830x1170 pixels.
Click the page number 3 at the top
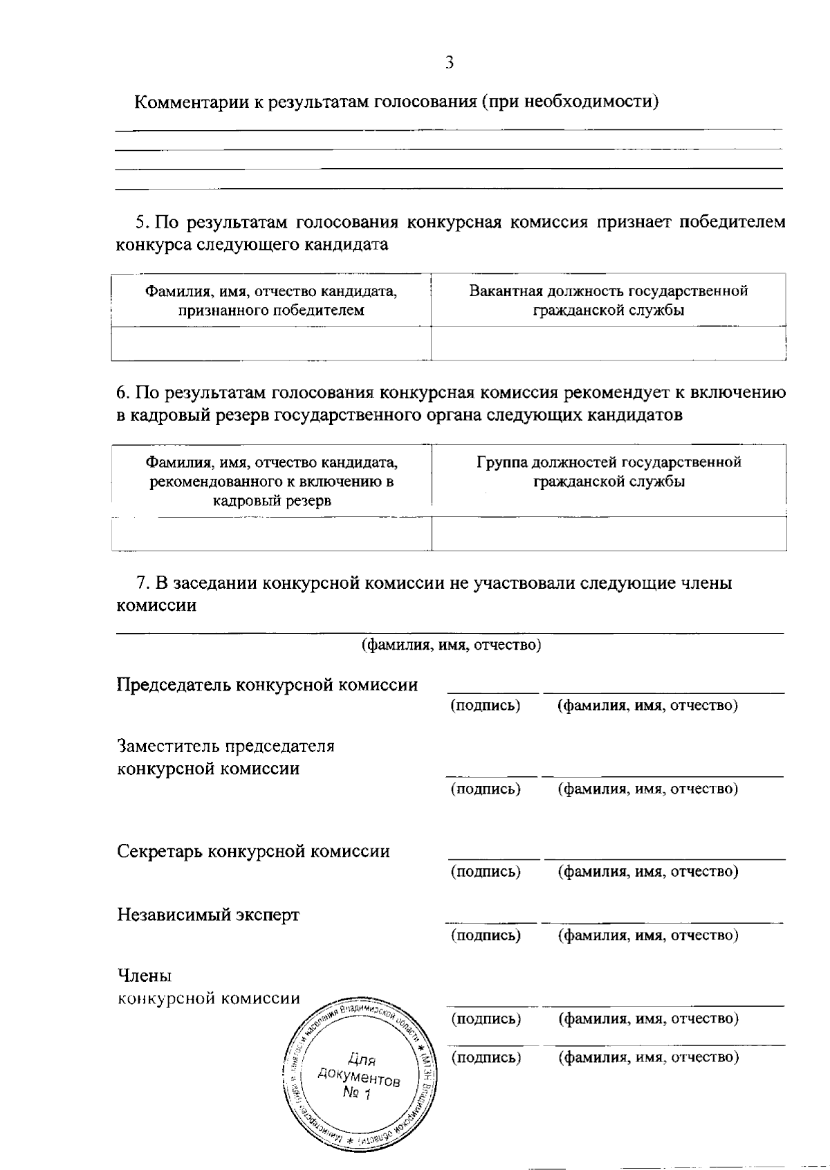pos(450,63)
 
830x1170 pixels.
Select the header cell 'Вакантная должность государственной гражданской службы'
pos(608,300)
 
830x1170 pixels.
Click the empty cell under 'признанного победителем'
pos(271,344)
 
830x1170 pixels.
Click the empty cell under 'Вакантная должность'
pos(608,344)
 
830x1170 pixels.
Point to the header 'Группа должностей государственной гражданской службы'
pos(609,472)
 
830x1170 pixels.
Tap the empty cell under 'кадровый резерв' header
pos(271,533)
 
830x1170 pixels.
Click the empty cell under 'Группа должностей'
pos(609,533)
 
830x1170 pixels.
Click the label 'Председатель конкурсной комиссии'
pos(267,685)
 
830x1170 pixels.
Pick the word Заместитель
pos(167,746)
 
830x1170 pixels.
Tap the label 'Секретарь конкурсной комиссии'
pos(253,851)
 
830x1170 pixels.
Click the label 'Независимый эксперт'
pos(208,915)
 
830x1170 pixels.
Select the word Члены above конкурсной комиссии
pos(144,976)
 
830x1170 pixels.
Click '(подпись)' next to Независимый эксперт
pos(486,935)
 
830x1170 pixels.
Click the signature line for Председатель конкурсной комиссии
pos(492,691)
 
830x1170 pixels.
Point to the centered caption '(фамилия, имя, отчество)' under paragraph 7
pos(451,645)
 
